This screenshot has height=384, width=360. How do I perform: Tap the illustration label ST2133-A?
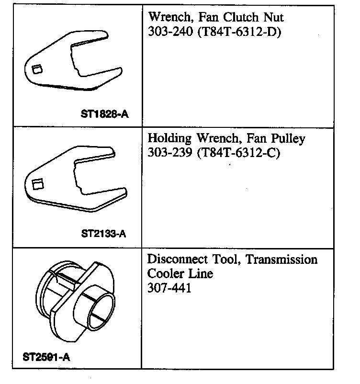click(104, 234)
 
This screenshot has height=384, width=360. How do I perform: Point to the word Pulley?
click(287, 139)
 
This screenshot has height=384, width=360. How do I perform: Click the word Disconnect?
click(177, 260)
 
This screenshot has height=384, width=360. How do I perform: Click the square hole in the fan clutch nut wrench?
click(36, 70)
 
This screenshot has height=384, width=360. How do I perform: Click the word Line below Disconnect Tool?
click(200, 274)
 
